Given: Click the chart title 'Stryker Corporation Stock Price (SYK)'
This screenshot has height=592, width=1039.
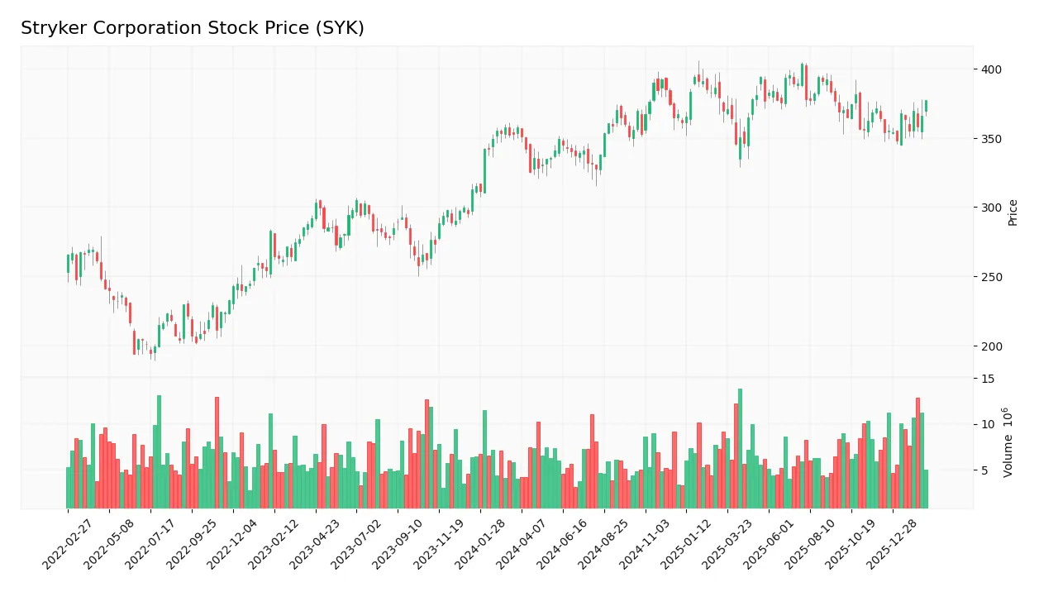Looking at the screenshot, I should coord(192,28).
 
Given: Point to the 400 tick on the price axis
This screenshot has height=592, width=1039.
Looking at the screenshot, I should coord(992,69).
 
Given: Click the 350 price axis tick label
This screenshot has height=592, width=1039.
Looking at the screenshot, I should coord(992,139).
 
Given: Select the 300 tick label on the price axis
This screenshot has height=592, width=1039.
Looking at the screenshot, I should coord(992,208).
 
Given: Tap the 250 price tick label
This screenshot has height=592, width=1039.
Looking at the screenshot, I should coord(992,277).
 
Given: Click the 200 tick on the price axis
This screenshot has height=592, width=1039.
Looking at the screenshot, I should coord(992,346).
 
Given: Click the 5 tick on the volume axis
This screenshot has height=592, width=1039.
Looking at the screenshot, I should coord(985,470).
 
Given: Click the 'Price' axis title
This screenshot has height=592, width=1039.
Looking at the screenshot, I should coord(1013,212).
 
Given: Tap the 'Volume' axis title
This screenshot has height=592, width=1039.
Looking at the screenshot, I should coord(1008,442).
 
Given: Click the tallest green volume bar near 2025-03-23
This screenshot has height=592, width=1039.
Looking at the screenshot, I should coord(740,448).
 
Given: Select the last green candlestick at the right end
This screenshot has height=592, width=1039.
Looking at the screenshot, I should coord(926,106).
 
